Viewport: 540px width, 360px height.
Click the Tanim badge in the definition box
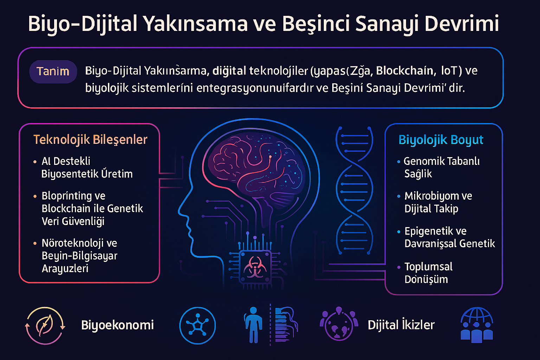coord(53,71)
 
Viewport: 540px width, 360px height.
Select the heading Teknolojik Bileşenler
coord(90,140)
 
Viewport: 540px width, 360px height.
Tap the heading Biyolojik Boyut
coord(441,140)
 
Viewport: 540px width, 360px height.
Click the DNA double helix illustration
coord(354,190)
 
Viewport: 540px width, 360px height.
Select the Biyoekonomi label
coord(117,325)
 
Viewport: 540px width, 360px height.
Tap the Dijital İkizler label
coord(401,325)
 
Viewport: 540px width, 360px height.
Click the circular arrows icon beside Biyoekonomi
coord(45,325)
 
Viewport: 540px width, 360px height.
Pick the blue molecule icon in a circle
coord(197,325)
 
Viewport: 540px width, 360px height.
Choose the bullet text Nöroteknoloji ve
coord(79,243)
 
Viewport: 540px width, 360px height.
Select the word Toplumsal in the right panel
coord(429,266)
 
